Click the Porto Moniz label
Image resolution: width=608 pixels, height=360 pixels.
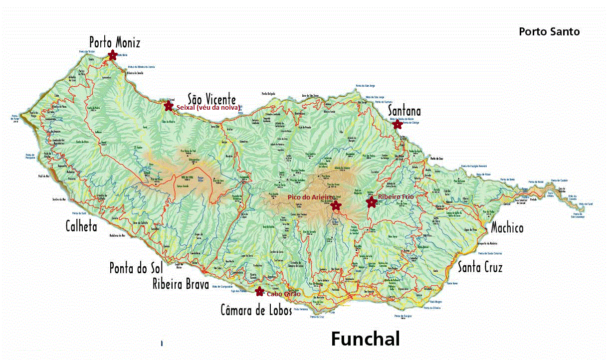[115, 41]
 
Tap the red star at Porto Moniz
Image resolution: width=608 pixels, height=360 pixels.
[113, 55]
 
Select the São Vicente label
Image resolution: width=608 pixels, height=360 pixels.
[211, 98]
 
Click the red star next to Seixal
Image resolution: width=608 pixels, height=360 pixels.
[169, 106]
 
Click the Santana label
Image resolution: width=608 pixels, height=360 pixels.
[405, 111]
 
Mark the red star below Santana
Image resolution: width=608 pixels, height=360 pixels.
[397, 125]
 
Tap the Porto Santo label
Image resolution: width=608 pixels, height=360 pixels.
[549, 31]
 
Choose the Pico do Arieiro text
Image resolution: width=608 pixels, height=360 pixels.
[310, 197]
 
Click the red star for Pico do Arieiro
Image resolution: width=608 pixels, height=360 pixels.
[336, 205]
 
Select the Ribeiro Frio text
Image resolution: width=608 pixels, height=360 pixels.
[396, 197]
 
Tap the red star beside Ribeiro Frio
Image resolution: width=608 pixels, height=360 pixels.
[371, 202]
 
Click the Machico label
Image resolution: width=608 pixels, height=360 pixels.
[507, 228]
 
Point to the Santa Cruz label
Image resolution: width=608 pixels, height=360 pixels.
[480, 267]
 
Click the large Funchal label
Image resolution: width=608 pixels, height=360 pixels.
[365, 339]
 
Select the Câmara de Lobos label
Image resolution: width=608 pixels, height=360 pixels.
[256, 310]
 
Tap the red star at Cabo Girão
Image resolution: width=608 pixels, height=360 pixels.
[259, 291]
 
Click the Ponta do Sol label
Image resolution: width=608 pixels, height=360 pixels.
[136, 268]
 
